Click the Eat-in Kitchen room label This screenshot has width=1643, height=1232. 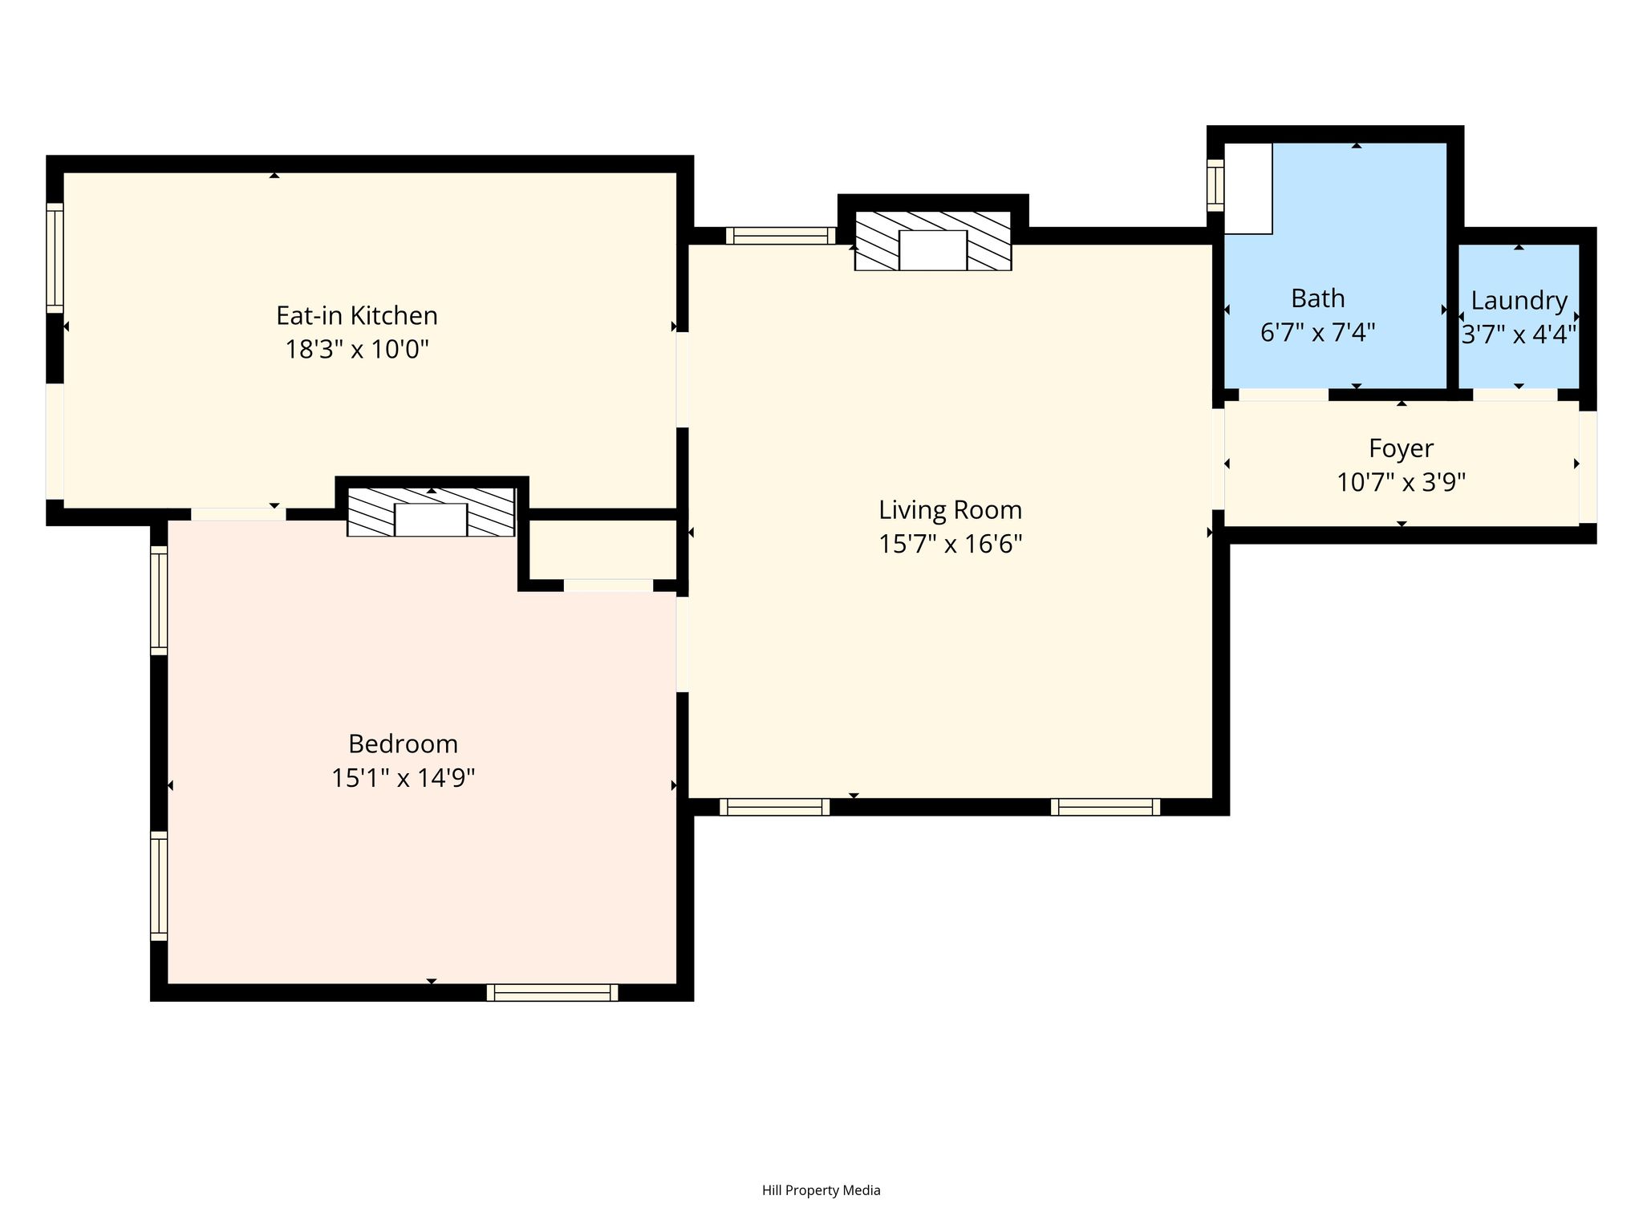point(357,315)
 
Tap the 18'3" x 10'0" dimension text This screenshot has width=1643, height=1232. point(357,350)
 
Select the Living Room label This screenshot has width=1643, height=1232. point(951,510)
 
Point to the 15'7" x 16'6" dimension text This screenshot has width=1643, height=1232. point(951,545)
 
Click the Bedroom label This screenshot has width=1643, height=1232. point(403,744)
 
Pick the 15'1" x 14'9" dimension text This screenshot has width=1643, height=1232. point(403,778)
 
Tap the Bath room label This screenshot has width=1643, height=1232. point(1317,298)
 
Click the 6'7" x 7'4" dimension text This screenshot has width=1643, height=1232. point(1317,332)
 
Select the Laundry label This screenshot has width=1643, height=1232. point(1519,301)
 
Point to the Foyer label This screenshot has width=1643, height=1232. point(1401,448)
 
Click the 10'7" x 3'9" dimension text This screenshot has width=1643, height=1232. point(1401,483)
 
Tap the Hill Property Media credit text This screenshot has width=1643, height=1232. point(821,1190)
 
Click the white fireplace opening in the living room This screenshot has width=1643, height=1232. point(933,250)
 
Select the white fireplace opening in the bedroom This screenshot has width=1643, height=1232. point(431,520)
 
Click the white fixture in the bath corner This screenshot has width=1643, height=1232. point(1248,188)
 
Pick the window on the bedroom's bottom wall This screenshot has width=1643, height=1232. point(553,992)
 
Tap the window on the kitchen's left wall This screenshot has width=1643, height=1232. point(55,257)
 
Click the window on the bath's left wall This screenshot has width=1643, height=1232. point(1215,185)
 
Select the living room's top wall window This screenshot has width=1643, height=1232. point(781,236)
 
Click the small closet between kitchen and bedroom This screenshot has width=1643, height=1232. point(603,549)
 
